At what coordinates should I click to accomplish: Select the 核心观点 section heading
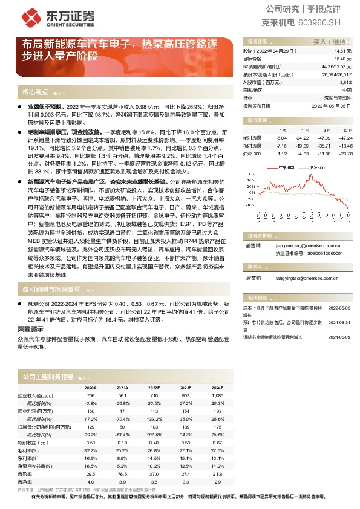click(35, 92)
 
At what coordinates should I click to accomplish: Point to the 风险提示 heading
click(30, 329)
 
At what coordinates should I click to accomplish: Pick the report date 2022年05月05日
click(332, 105)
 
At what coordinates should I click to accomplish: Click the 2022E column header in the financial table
click(154, 388)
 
